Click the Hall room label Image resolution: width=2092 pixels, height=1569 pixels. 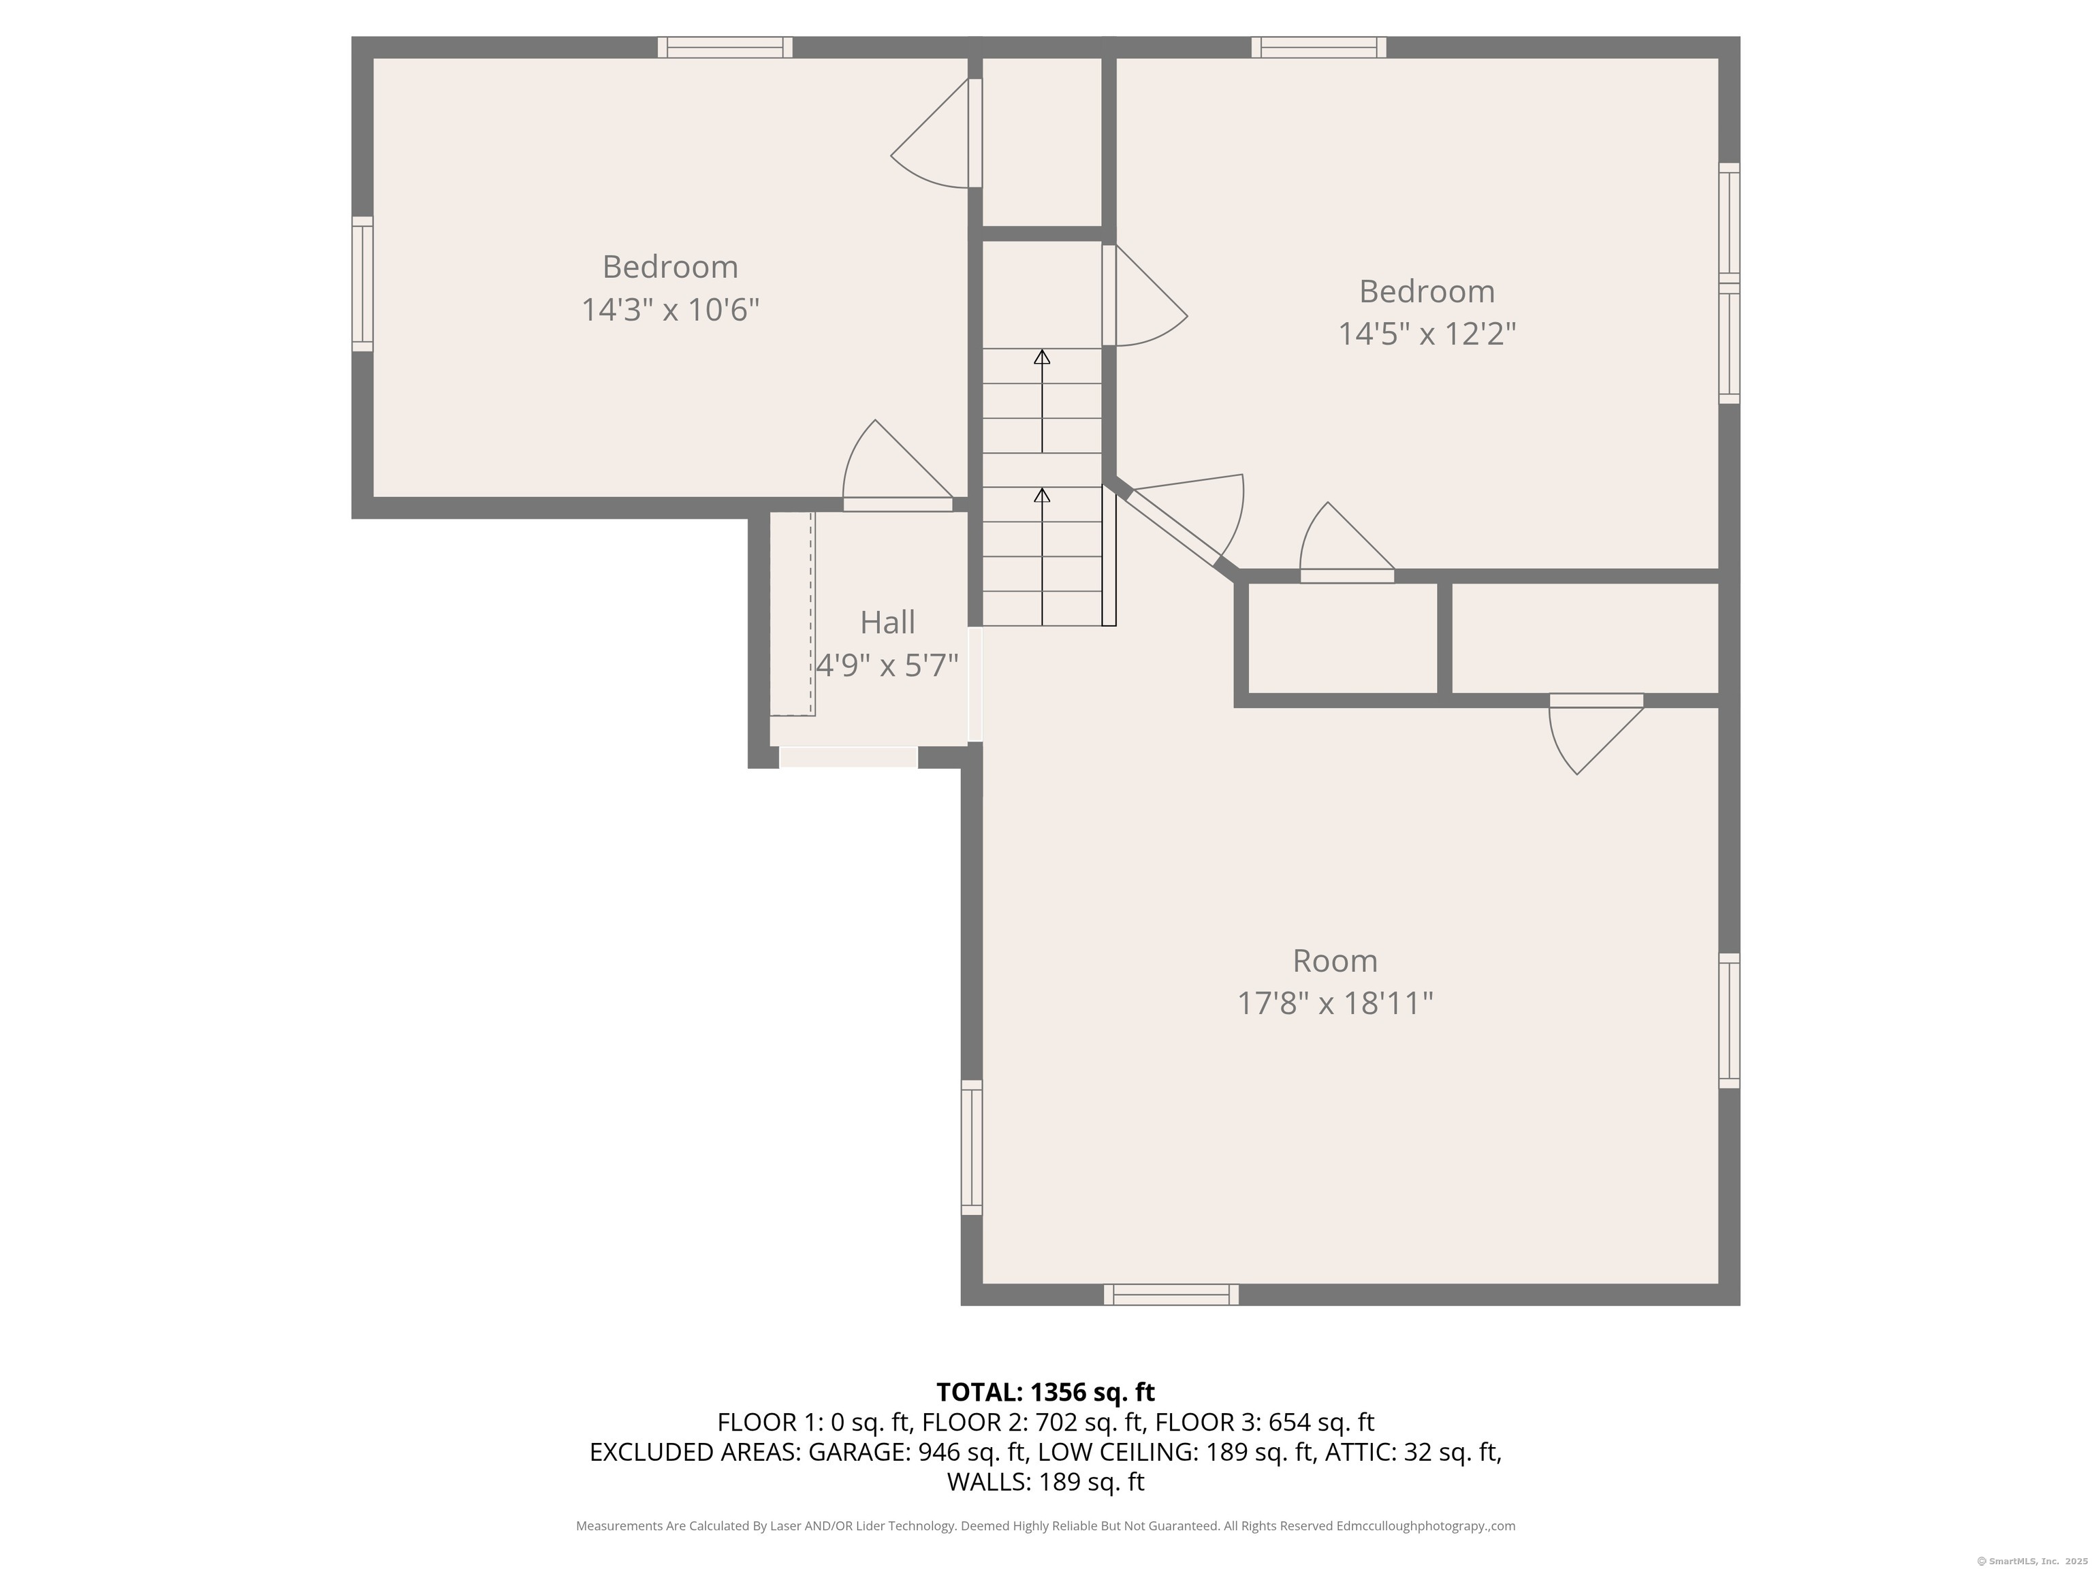887,622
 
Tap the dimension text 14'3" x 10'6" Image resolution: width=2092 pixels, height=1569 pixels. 671,309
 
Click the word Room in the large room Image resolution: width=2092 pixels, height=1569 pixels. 1335,961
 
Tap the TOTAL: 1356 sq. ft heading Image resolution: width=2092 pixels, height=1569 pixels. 1045,1392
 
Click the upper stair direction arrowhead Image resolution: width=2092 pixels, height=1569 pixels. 1042,357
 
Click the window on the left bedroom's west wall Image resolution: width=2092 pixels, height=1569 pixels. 362,284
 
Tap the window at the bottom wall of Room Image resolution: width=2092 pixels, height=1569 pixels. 1171,1295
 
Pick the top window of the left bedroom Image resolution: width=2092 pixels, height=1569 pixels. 725,47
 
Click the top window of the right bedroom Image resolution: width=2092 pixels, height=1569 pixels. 1319,47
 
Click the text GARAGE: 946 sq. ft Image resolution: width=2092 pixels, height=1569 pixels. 919,1452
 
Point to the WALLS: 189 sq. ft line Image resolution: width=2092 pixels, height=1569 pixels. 1046,1482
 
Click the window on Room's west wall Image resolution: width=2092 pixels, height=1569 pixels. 971,1147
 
